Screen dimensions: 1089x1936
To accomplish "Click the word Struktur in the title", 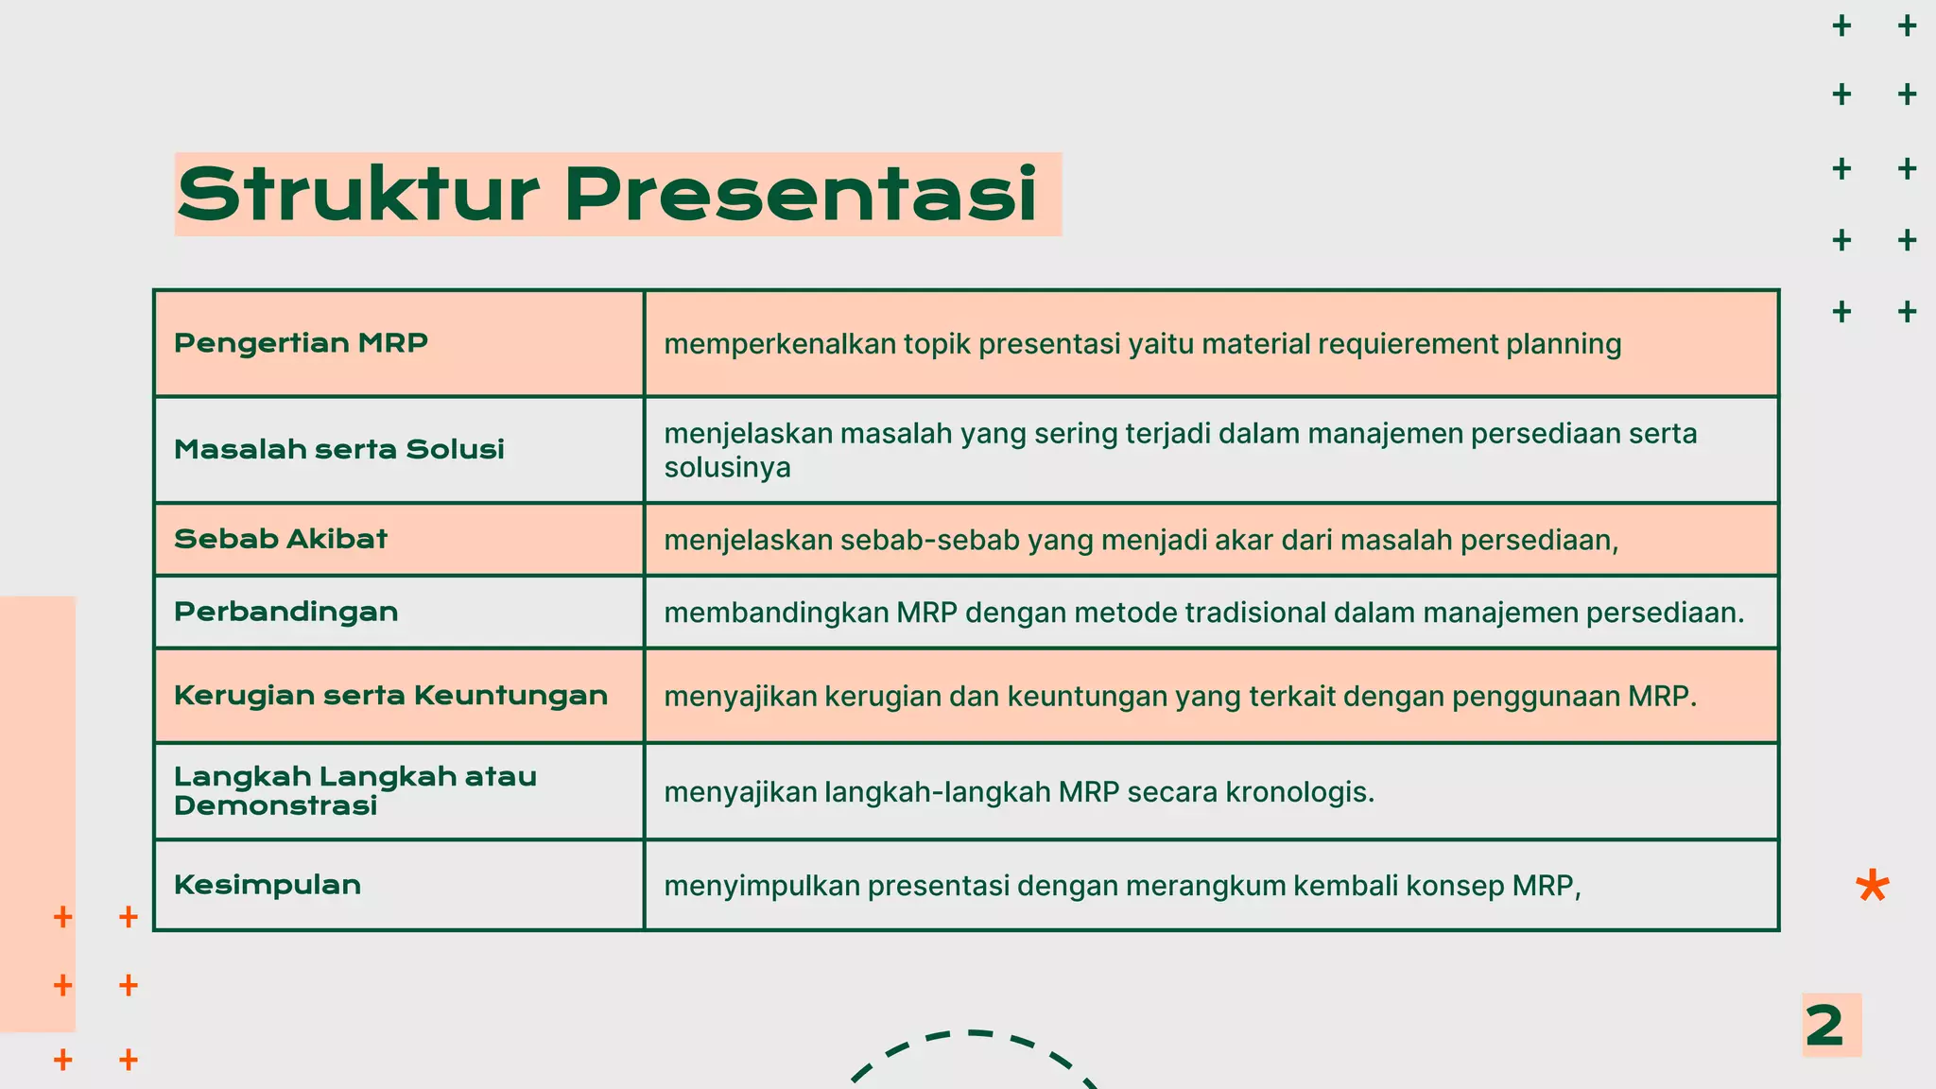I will pyautogui.click(x=357, y=194).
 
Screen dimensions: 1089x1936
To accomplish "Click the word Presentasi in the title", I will pyautogui.click(x=801, y=194).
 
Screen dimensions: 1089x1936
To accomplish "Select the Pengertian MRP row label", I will pyautogui.click(x=301, y=342).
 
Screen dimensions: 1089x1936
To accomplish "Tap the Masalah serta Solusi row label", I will pyautogui.click(x=338, y=449).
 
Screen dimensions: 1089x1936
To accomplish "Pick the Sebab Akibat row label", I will pyautogui.click(x=281, y=539).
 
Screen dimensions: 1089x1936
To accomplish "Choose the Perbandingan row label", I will pyautogui.click(x=285, y=612).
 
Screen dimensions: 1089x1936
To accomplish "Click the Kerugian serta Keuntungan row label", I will pyautogui.click(x=390, y=696).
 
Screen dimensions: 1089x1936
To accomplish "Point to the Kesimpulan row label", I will pyautogui.click(x=268, y=885).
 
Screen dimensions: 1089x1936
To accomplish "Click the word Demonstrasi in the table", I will pyautogui.click(x=275, y=805).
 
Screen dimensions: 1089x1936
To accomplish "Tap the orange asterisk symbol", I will pyautogui.click(x=1872, y=887).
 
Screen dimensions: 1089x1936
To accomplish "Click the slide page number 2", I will pyautogui.click(x=1825, y=1026).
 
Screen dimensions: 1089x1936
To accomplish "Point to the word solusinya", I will pyautogui.click(x=727, y=468).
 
